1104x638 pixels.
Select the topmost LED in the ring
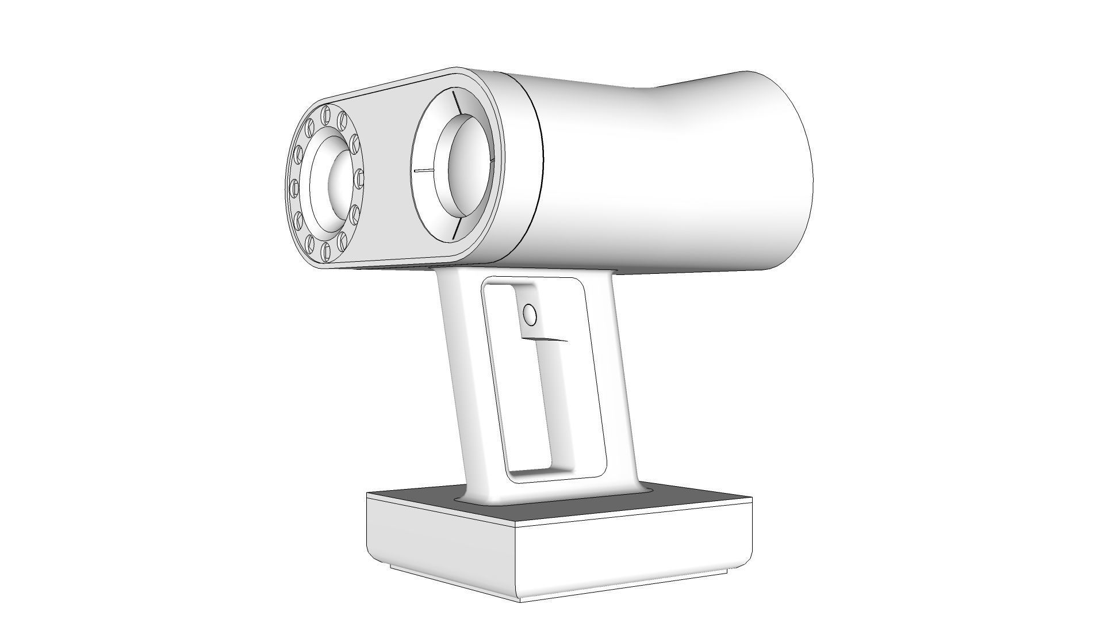pos(326,112)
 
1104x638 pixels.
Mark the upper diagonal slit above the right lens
pos(457,104)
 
